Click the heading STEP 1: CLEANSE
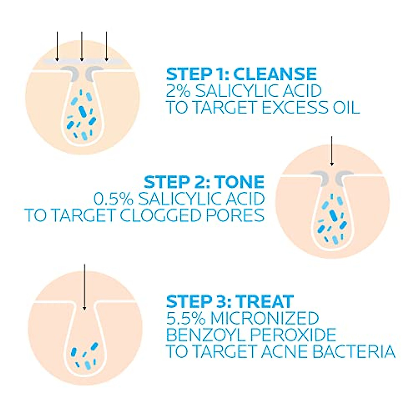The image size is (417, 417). (x=242, y=74)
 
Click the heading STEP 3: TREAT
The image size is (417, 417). (x=230, y=301)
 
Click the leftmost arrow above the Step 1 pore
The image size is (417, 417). (x=57, y=45)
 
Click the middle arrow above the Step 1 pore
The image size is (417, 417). (x=81, y=45)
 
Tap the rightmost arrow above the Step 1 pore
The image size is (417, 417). (x=106, y=45)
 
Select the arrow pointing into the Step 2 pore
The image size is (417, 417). (x=332, y=151)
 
